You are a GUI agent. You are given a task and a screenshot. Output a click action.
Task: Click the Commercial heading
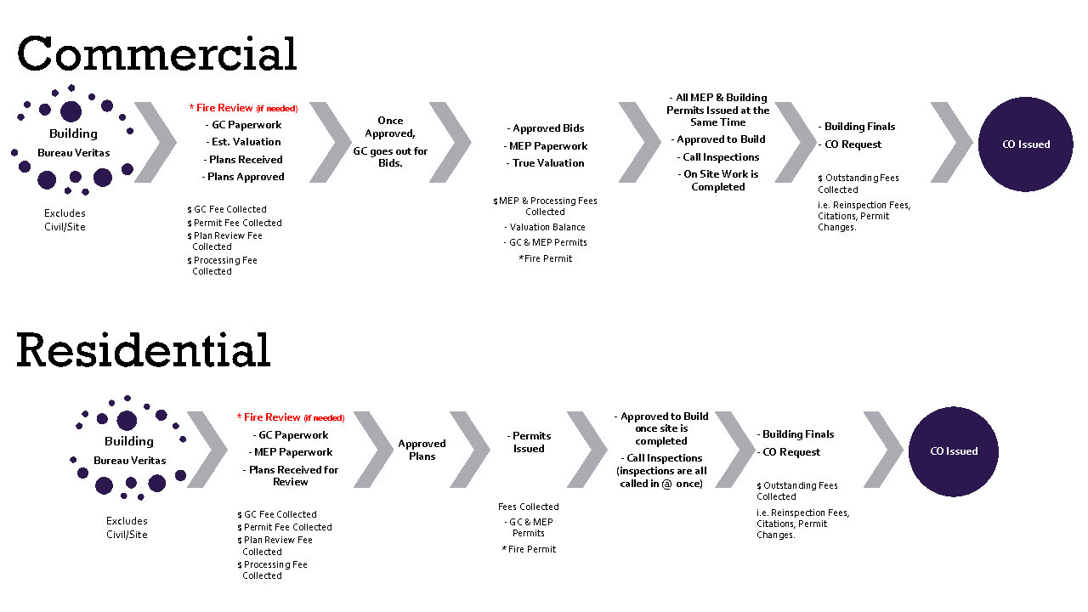157,54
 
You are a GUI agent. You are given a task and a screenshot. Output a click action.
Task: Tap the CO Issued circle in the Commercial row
1026,144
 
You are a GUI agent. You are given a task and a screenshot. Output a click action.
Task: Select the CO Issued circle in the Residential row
954,451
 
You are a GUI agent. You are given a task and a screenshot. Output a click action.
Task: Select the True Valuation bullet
546,163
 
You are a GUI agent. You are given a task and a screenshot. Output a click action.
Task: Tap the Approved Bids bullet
546,128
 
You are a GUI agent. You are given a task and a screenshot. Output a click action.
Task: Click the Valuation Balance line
545,227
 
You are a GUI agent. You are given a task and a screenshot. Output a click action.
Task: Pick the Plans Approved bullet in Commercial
243,177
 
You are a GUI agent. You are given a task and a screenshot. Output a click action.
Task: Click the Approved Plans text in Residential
422,450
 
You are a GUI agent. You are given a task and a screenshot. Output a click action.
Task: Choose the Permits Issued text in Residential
529,442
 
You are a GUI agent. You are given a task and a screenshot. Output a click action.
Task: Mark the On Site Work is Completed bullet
718,180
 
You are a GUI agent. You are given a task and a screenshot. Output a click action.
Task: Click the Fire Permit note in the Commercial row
546,258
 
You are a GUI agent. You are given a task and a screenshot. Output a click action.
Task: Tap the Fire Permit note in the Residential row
529,549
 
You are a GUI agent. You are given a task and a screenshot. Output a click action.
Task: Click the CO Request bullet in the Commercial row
850,144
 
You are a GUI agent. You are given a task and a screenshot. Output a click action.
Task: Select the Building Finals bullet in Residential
796,434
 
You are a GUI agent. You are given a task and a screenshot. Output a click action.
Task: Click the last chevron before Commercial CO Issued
951,142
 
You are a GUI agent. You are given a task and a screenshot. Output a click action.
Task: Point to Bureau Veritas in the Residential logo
130,461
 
